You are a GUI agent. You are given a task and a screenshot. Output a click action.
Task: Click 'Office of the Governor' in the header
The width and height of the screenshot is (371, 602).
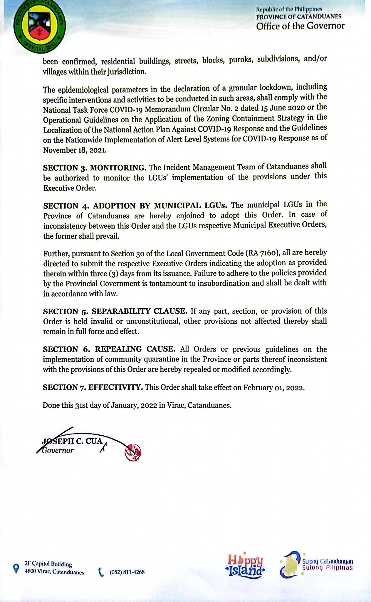point(300,26)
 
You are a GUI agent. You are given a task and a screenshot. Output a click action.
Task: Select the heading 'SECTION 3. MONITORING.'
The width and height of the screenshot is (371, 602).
point(95,168)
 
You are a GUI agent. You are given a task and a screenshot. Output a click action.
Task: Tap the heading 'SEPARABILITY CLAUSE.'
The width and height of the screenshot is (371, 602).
point(140,311)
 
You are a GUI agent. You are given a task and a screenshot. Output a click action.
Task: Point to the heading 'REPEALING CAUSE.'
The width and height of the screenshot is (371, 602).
point(135,349)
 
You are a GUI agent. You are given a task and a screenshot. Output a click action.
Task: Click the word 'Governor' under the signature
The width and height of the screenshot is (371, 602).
point(58,450)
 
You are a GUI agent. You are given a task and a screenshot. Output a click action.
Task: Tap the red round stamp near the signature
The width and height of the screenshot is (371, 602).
point(133,452)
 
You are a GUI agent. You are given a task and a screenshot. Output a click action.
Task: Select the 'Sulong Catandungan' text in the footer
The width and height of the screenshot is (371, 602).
point(328,561)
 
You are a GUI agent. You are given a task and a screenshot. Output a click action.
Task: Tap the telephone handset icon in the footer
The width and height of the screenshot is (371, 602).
point(101,572)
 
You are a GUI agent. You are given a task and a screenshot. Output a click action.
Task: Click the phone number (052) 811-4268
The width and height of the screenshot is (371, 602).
point(127,572)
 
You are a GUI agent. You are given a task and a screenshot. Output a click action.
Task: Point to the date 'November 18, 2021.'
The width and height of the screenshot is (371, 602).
point(75,150)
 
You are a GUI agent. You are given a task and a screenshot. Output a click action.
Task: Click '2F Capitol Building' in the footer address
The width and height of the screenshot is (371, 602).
point(48,564)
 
